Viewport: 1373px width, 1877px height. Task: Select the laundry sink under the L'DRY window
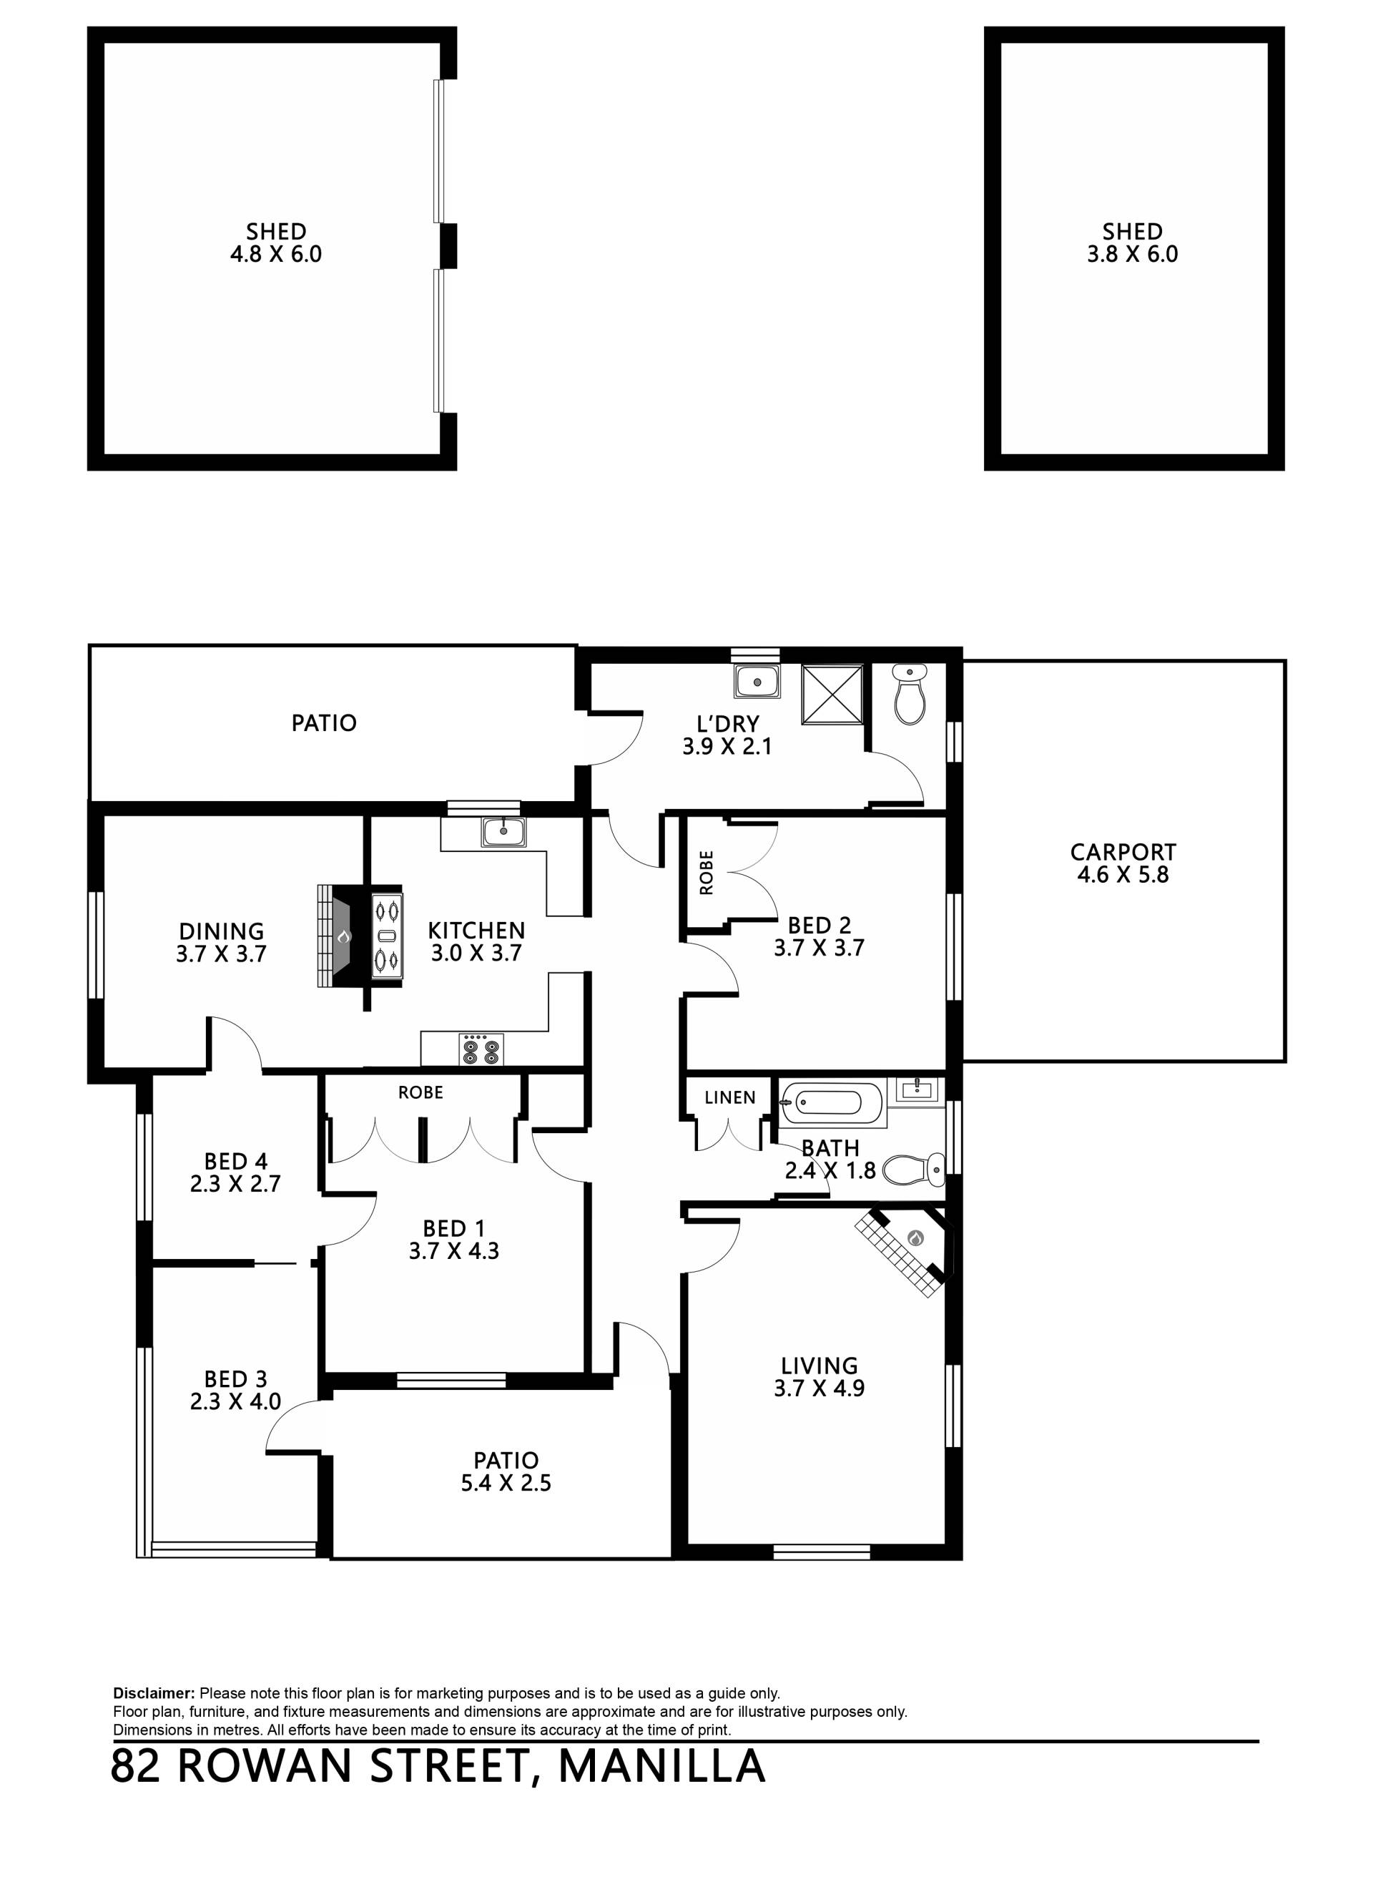click(x=757, y=682)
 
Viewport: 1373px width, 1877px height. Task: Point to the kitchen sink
click(x=503, y=831)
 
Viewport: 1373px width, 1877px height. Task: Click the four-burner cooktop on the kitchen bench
click(x=482, y=1049)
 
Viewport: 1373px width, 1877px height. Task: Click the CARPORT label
click(x=1123, y=852)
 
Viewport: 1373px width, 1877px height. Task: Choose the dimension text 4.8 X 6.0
click(x=276, y=255)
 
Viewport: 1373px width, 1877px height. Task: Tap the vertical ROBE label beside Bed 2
click(x=707, y=872)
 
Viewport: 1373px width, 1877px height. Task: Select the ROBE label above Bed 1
click(x=420, y=1092)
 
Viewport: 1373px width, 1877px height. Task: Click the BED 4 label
click(x=236, y=1161)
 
